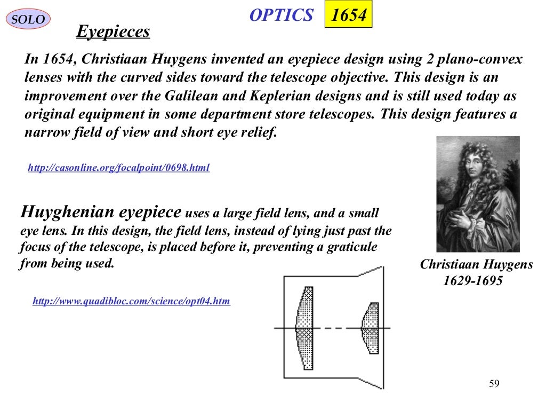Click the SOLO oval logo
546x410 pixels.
tap(28, 20)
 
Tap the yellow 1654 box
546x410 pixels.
tap(348, 15)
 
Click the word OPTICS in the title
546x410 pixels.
tap(281, 15)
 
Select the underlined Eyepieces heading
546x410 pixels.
tap(113, 32)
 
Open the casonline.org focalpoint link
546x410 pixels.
tap(118, 168)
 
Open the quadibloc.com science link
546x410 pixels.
tap(131, 302)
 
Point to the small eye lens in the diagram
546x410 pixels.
tap(370, 327)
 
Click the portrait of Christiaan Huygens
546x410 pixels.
tap(478, 194)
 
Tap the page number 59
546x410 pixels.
tap(494, 384)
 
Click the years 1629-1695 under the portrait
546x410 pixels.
tap(473, 281)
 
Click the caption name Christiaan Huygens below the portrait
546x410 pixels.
tap(476, 265)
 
